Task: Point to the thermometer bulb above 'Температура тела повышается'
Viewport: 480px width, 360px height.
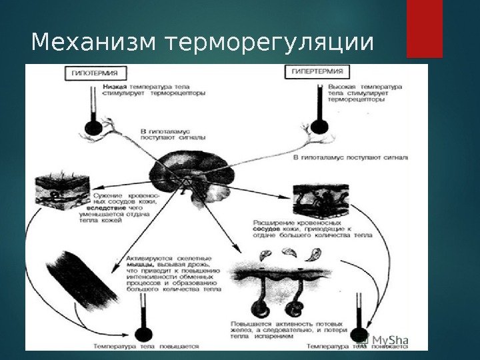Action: (141, 333)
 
